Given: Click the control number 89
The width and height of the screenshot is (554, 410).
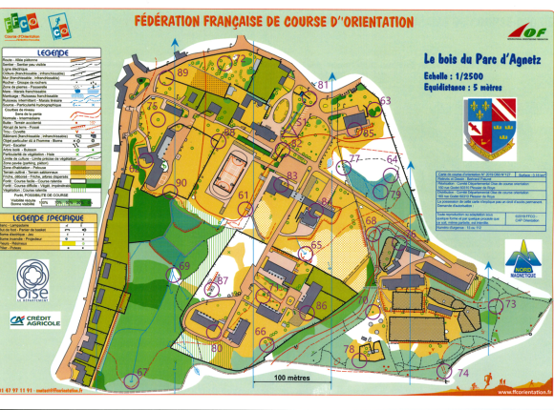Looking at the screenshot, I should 182,73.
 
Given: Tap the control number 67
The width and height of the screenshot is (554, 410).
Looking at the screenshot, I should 142,372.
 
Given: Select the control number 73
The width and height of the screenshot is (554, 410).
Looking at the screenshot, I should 511,304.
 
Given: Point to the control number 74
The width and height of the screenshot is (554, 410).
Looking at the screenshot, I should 463,372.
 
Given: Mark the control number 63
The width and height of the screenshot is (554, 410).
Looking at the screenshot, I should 386,100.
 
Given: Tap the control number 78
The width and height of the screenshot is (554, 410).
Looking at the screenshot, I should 350,350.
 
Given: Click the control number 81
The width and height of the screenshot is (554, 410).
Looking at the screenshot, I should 323,85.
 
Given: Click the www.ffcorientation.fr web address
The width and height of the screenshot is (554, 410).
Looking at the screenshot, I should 520,392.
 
